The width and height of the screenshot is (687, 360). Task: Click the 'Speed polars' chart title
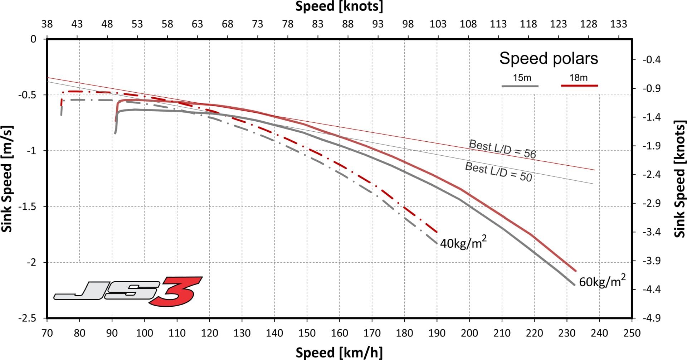549,58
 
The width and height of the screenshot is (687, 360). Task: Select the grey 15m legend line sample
520,86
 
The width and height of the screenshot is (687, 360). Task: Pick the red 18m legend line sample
579,86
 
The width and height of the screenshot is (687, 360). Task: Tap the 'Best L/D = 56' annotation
502,149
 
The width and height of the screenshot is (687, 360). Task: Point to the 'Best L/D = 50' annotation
498,172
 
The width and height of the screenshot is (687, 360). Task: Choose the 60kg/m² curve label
602,281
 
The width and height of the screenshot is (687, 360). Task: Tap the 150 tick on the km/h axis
307,333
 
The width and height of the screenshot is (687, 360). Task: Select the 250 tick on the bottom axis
632,333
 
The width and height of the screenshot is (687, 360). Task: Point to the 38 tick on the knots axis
47,24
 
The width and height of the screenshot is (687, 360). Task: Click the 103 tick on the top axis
438,24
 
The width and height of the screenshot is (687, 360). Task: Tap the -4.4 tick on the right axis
651,289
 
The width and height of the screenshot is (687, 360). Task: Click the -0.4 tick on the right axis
651,59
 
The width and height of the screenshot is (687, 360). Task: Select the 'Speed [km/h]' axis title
339,352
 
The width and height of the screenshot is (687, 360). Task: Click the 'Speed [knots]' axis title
339,6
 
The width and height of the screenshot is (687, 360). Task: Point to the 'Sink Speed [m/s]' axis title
7,179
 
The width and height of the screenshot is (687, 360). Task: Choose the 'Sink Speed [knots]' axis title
679,179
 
